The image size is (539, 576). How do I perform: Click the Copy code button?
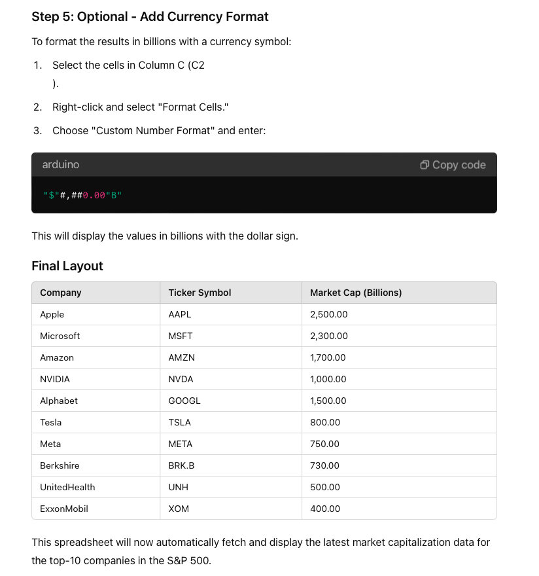tap(453, 165)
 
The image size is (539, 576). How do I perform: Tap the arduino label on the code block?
tap(60, 165)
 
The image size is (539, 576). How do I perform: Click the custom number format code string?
tap(82, 195)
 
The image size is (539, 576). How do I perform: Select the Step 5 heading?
tap(150, 16)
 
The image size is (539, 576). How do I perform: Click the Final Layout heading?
tap(67, 266)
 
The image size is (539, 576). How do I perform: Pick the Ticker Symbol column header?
tap(200, 293)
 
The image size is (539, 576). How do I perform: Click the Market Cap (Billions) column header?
tap(356, 293)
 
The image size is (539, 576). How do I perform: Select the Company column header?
tap(61, 293)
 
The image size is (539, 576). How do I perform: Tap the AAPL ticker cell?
tap(180, 314)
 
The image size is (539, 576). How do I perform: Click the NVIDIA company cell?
tap(55, 379)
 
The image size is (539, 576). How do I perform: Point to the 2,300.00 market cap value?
tap(329, 336)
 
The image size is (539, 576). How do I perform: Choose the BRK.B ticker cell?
tap(182, 465)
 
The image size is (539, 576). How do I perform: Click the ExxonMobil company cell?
tap(64, 509)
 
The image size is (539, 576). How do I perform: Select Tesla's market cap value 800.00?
tap(325, 422)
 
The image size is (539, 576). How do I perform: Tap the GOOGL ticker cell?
tap(184, 401)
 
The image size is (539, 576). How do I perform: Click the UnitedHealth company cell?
tap(67, 487)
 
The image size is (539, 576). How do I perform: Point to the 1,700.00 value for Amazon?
tap(328, 357)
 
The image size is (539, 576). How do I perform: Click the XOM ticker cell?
tap(179, 509)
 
